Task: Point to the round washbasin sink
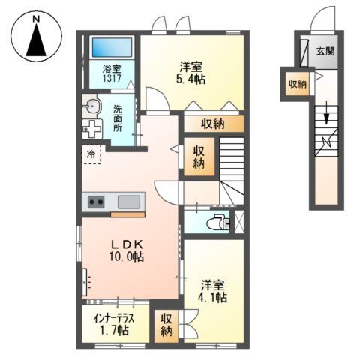click(x=91, y=106)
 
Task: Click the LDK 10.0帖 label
click(x=127, y=250)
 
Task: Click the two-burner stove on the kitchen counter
click(x=96, y=201)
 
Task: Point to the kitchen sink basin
click(x=129, y=201)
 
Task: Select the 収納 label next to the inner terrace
click(x=166, y=324)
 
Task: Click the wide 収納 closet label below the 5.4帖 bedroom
click(x=214, y=124)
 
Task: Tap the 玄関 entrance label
click(x=325, y=52)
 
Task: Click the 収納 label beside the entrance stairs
click(x=297, y=84)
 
